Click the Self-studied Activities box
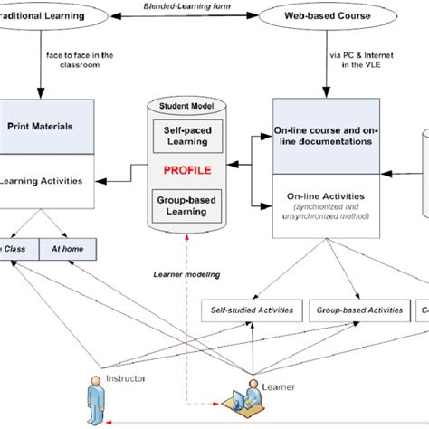pos(253,310)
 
